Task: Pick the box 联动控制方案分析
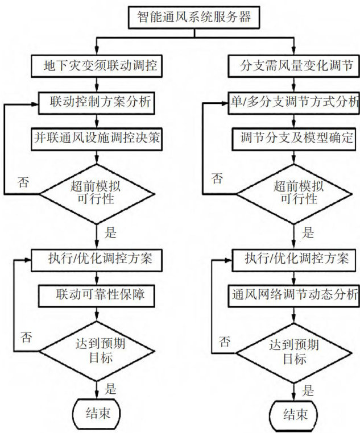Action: pyautogui.click(x=97, y=102)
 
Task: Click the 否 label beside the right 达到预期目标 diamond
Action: pyautogui.click(x=225, y=342)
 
